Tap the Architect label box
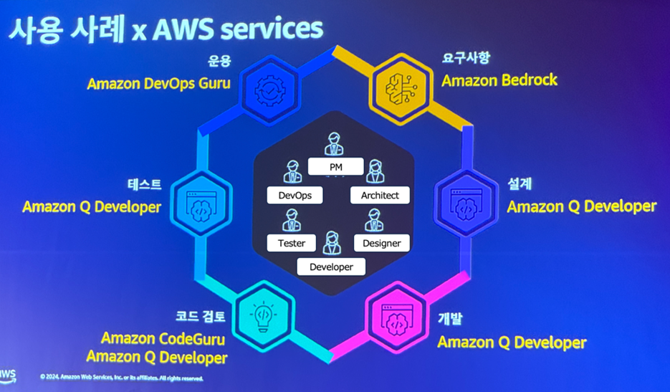point(379,195)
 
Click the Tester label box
point(291,243)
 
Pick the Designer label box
point(381,243)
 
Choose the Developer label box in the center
point(331,267)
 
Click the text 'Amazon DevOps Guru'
point(158,83)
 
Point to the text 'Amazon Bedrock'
point(499,80)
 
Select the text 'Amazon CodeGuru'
point(164,338)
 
